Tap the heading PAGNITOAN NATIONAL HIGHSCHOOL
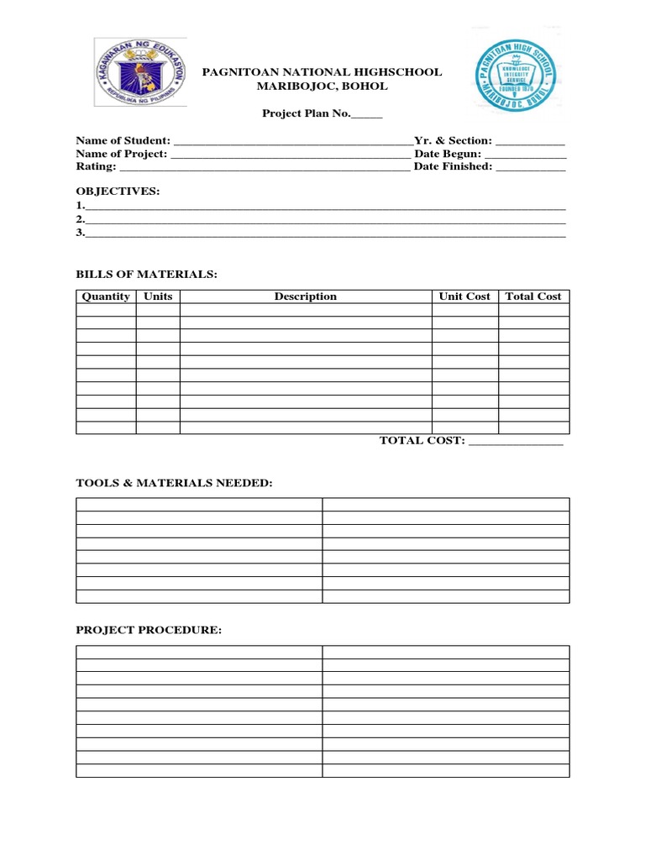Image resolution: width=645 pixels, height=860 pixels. click(322, 72)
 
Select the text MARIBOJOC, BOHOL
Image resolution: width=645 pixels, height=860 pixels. click(322, 87)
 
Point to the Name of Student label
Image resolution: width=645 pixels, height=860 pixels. click(123, 141)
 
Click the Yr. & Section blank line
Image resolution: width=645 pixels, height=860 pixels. click(530, 143)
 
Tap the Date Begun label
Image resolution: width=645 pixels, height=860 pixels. click(447, 154)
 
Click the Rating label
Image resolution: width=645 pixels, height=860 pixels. click(96, 166)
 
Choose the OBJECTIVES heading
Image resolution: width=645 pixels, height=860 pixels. click(118, 191)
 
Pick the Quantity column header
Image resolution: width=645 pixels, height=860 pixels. click(106, 296)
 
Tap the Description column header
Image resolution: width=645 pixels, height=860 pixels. click(306, 296)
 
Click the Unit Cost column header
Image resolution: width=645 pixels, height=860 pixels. click(464, 296)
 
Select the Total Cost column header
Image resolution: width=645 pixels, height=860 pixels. click(533, 296)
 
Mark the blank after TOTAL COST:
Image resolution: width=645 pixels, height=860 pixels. click(515, 442)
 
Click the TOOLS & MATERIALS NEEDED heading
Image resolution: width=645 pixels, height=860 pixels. click(174, 483)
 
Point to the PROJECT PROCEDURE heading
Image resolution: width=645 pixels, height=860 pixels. click(149, 631)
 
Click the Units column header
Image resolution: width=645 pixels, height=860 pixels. click(158, 296)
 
